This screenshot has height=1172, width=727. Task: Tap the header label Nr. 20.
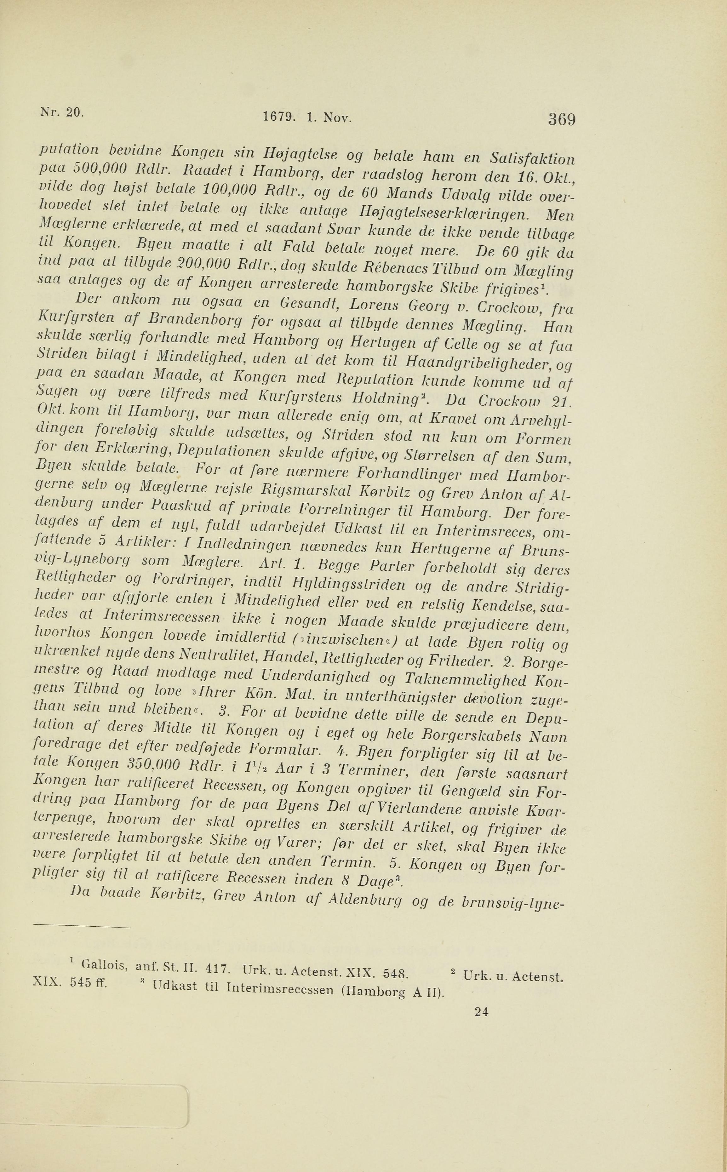[60, 111]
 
